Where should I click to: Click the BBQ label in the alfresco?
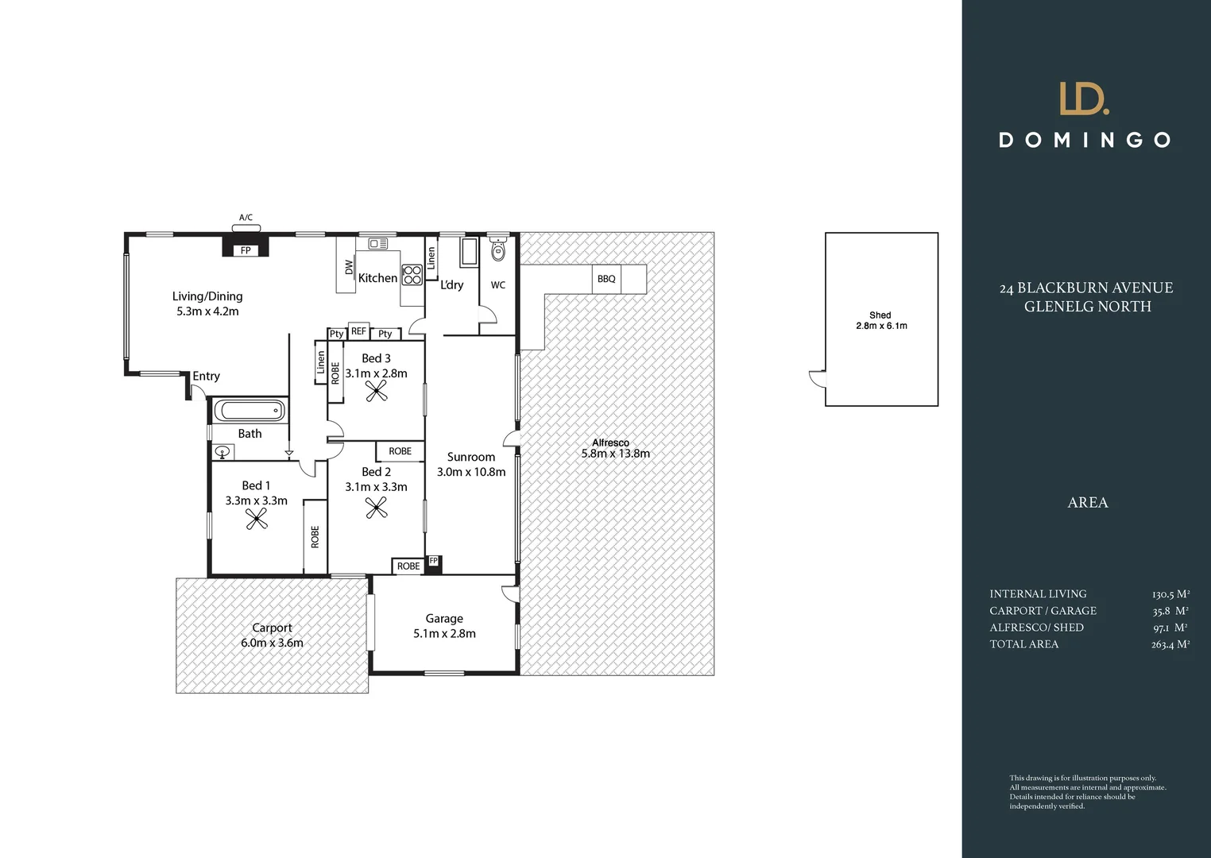coord(606,279)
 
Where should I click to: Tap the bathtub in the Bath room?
coord(250,411)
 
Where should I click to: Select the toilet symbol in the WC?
coord(498,249)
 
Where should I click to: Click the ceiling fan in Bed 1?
coord(256,520)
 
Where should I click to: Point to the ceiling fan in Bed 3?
coord(377,391)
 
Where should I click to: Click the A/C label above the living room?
coord(246,218)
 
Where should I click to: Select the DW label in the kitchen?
coord(349,267)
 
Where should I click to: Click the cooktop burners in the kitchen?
coord(412,275)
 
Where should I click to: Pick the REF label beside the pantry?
coord(358,330)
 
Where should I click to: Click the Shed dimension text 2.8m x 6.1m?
coord(881,326)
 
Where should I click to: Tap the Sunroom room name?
coord(471,457)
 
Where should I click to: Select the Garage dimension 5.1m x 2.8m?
coord(444,634)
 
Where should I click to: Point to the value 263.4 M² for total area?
coord(1170,644)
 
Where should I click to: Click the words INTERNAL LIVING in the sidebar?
coord(1038,594)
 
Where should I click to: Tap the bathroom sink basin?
coord(222,452)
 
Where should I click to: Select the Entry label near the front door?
coord(206,377)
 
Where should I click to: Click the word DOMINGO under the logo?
coord(1085,141)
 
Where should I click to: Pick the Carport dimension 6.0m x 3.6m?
coord(272,643)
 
